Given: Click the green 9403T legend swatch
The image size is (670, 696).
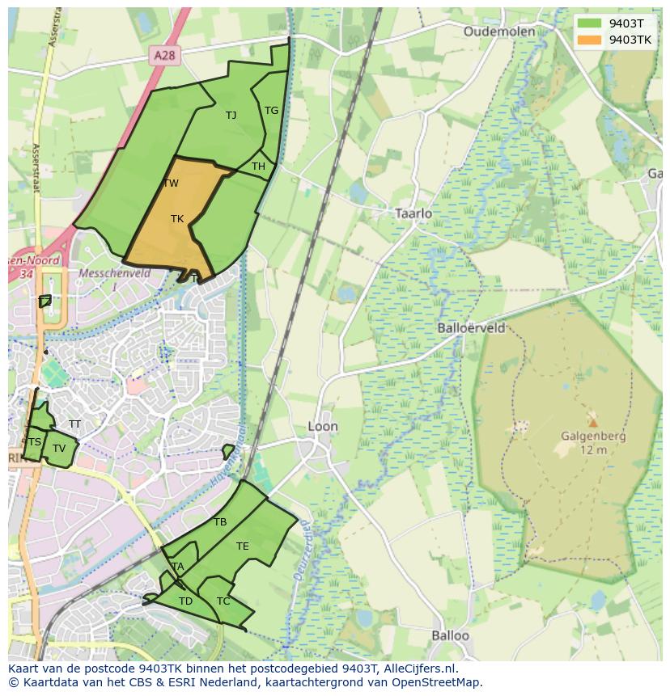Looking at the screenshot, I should (589, 23).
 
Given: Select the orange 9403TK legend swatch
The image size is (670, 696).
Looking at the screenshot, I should (589, 39).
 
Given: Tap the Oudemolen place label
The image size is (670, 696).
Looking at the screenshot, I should (499, 32).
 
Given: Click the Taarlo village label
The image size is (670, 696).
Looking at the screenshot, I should (413, 213).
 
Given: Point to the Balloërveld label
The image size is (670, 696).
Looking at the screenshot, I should (471, 328).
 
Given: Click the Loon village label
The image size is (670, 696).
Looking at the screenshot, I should (323, 426).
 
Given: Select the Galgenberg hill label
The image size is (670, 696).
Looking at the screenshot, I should (593, 437).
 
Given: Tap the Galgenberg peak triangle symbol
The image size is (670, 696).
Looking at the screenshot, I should (593, 422).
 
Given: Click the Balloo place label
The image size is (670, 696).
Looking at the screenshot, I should (450, 635).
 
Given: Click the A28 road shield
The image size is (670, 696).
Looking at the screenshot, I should (165, 55).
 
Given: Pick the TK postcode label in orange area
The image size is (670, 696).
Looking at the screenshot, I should (177, 219).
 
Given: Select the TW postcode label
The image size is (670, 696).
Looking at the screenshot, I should (171, 183).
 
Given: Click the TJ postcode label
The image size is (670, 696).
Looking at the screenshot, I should (231, 115).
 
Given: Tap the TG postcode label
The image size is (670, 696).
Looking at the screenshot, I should (271, 111).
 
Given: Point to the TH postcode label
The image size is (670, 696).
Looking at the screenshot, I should (258, 167).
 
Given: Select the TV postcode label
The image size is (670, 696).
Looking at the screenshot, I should (59, 448).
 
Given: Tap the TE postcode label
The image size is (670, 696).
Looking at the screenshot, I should (242, 546).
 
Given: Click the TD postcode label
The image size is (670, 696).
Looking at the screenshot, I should (185, 601).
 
